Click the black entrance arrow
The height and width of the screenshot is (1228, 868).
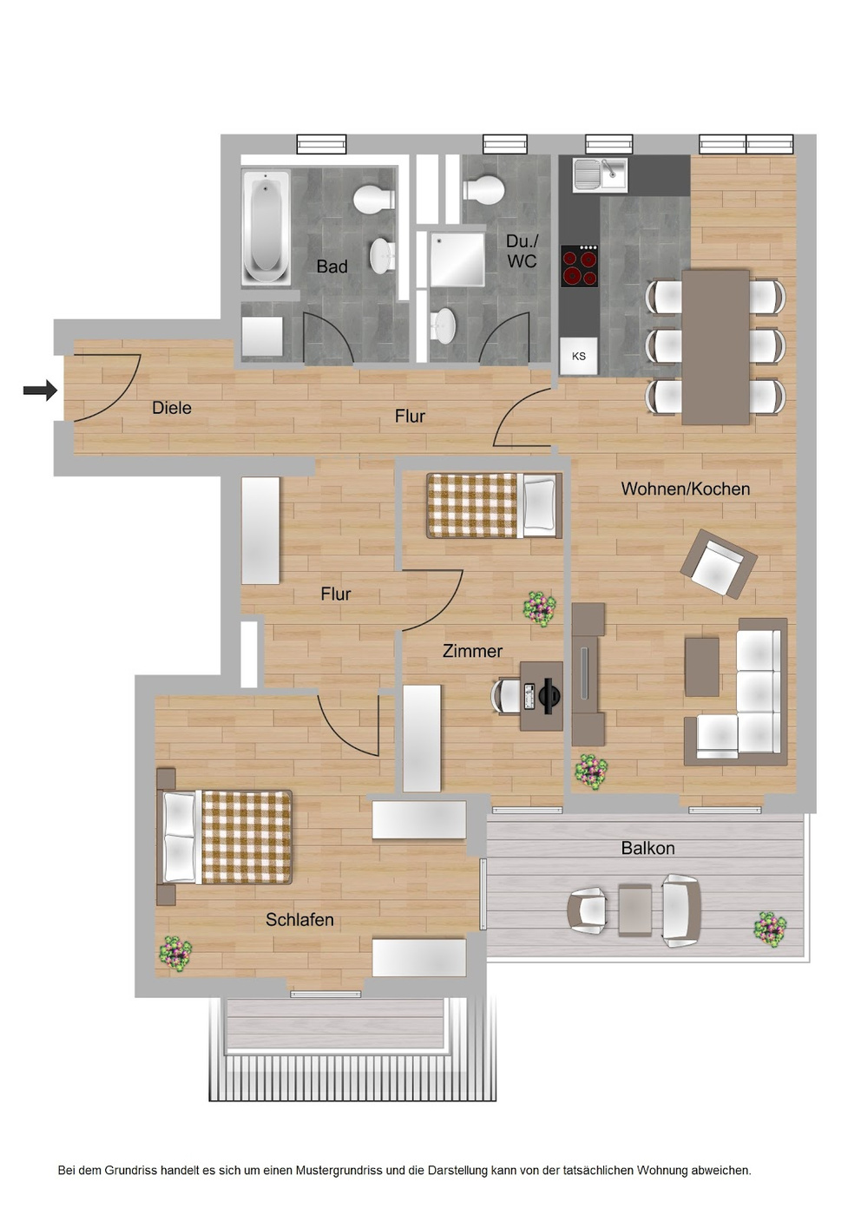coord(40,391)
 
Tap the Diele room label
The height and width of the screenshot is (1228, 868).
coord(172,408)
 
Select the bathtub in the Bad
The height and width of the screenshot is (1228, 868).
coord(266,227)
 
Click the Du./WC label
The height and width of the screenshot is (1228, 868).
coord(522,251)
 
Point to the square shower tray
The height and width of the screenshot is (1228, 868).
coord(457,259)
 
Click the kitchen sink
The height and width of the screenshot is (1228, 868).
coord(601,174)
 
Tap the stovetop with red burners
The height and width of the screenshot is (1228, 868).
coord(579,266)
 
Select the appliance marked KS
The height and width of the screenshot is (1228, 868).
coord(579,356)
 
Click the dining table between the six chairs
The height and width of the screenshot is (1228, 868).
coord(715,346)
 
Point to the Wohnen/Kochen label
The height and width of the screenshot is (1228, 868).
coord(685,489)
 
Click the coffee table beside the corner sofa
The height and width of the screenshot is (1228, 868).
coord(701,667)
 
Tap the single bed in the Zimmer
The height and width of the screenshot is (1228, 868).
coord(493,505)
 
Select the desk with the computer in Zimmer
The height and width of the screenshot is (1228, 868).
coord(542,695)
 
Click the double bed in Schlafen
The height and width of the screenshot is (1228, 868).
coord(226,837)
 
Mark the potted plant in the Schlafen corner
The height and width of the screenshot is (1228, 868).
coord(174,953)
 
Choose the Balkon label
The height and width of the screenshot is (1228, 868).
coord(648,848)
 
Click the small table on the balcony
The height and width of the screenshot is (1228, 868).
coord(635,910)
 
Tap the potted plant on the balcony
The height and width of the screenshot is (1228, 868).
coord(769,929)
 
